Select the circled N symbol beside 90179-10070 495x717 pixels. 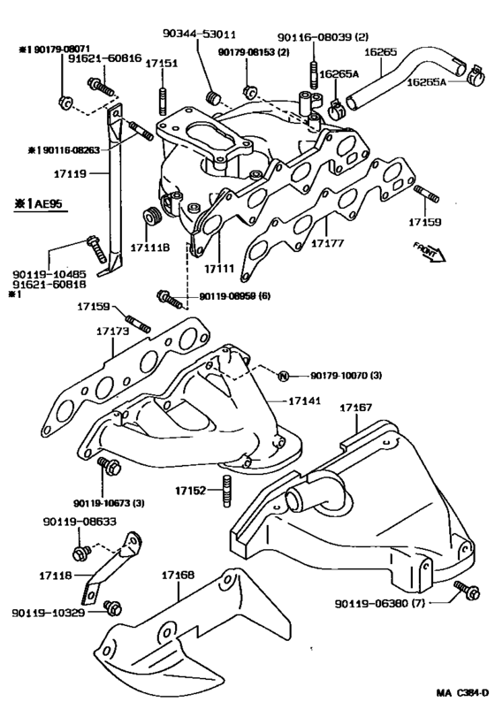point(284,377)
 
